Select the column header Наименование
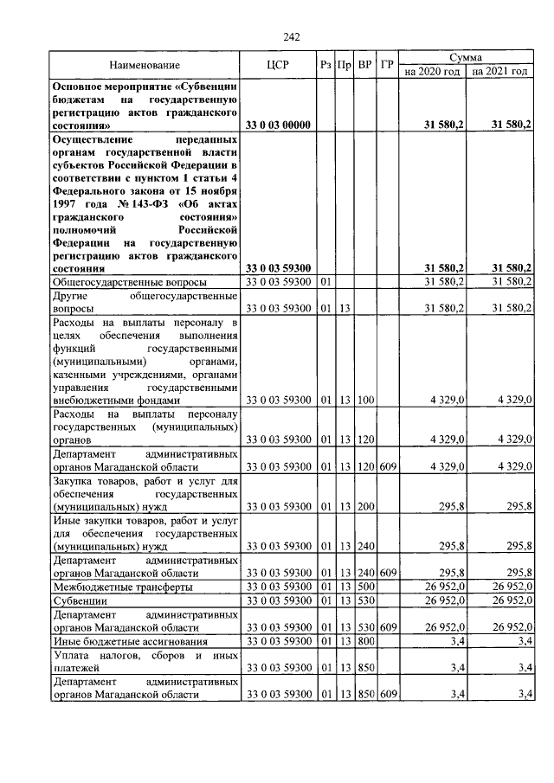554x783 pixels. click(x=145, y=65)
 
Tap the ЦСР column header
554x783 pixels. click(x=278, y=65)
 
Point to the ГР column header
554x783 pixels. click(x=387, y=65)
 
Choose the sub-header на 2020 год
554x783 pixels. click(x=433, y=72)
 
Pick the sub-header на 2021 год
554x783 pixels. click(x=499, y=72)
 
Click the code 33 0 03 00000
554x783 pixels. click(x=278, y=125)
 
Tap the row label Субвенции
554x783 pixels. click(x=81, y=600)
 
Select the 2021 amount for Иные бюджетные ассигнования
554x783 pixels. click(x=523, y=642)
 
